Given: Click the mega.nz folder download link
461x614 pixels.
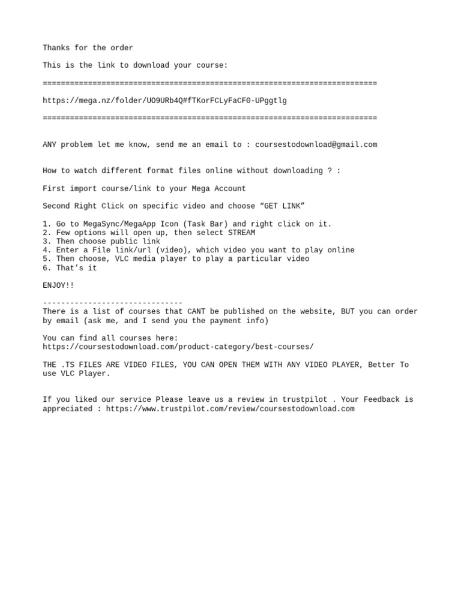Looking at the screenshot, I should pyautogui.click(x=164, y=101).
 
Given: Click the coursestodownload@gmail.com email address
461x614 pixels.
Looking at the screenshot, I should pyautogui.click(x=316, y=145).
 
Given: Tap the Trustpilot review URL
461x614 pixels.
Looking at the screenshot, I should pyautogui.click(x=230, y=409).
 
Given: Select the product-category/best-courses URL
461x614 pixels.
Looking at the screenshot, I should pyautogui.click(x=178, y=347).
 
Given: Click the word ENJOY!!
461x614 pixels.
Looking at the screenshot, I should pyautogui.click(x=58, y=285).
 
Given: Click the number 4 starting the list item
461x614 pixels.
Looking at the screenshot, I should pyautogui.click(x=45, y=250).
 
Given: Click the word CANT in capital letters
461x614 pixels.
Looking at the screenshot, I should pyautogui.click(x=196, y=312).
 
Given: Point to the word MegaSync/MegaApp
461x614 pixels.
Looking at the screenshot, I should pyautogui.click(x=110, y=224).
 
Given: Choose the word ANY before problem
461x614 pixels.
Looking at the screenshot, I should pyautogui.click(x=49, y=145).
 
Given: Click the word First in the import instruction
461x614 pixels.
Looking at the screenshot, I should pyautogui.click(x=53, y=189).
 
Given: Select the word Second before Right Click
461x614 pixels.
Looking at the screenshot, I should pyautogui.click(x=56, y=206).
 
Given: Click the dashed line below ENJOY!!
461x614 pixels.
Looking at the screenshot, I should pyautogui.click(x=112, y=303).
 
